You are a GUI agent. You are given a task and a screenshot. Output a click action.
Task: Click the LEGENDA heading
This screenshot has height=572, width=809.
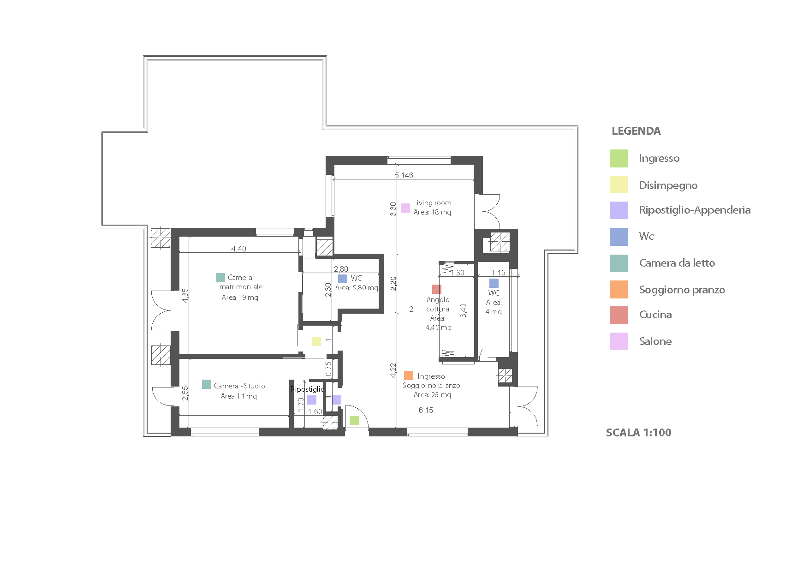pos(636,131)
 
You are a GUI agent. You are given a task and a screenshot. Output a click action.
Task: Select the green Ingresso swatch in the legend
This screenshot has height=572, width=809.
pos(619,158)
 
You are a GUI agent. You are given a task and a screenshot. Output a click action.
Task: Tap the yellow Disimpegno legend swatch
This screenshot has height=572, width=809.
pos(619,185)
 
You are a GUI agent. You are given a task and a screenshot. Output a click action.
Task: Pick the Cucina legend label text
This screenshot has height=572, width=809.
pos(655,315)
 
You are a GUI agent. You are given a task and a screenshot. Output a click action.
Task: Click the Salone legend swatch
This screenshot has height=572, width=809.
pos(619,341)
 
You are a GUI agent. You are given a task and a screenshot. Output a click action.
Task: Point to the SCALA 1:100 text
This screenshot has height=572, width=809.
pos(638,433)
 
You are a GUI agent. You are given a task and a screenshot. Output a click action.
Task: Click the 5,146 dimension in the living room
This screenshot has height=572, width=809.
pos(404,175)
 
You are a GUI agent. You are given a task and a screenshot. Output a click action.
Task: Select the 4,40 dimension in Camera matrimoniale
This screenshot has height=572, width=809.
pos(239,249)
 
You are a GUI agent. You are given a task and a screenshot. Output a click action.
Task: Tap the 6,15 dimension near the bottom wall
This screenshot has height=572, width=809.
pos(426,410)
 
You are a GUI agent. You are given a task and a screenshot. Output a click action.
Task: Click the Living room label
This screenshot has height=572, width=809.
pos(432,203)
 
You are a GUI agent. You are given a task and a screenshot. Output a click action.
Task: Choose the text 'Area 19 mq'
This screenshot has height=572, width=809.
pos(240,298)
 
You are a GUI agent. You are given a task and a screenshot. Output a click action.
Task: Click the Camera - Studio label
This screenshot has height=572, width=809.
pos(239,386)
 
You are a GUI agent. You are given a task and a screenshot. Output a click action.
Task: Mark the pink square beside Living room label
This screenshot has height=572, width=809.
pos(405,208)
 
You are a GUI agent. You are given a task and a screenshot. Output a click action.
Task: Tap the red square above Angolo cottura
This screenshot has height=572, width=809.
pos(437,289)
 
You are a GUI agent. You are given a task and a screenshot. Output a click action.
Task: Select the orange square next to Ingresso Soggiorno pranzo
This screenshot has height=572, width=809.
pos(409,375)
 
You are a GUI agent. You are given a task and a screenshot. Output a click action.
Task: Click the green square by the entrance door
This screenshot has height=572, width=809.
pos(355,421)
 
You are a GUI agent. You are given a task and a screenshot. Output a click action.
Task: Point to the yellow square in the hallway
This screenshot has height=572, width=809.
pos(316,341)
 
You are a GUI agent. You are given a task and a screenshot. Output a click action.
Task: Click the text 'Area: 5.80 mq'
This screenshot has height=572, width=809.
pos(357,288)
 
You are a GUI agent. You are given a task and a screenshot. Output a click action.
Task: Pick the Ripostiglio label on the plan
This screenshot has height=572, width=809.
pos(308,389)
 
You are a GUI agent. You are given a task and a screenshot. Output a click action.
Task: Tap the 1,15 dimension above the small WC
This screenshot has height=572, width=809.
pos(498,273)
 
